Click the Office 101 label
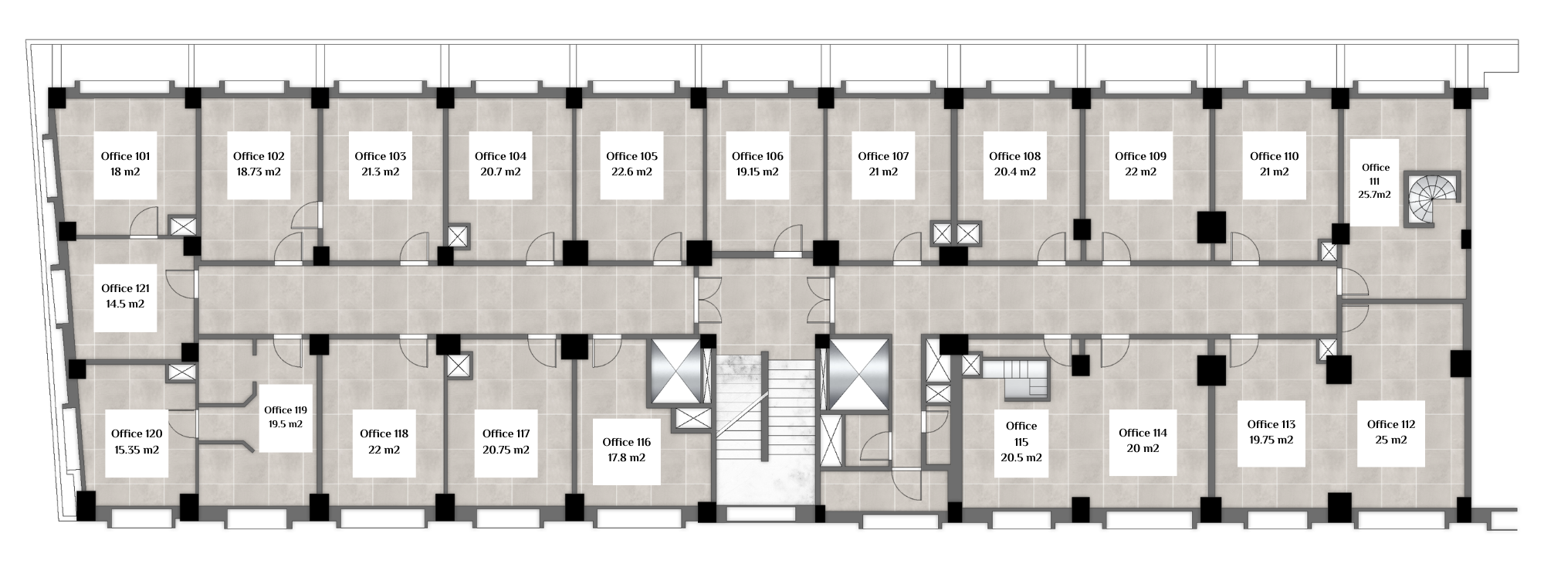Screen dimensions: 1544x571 126,156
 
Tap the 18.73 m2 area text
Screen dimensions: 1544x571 258,172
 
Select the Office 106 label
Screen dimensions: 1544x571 757,156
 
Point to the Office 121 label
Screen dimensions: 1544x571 125,288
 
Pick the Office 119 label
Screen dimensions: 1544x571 286,410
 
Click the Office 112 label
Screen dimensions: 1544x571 1391,424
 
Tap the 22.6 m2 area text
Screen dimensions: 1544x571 631,172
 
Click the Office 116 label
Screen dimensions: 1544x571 626,442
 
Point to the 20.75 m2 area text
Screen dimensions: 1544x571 506,450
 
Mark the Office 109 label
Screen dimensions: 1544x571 1140,156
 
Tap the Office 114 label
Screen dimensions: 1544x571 1143,433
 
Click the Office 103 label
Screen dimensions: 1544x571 380,156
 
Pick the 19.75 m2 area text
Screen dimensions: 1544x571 1271,440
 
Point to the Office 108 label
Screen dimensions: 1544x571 1014,156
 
